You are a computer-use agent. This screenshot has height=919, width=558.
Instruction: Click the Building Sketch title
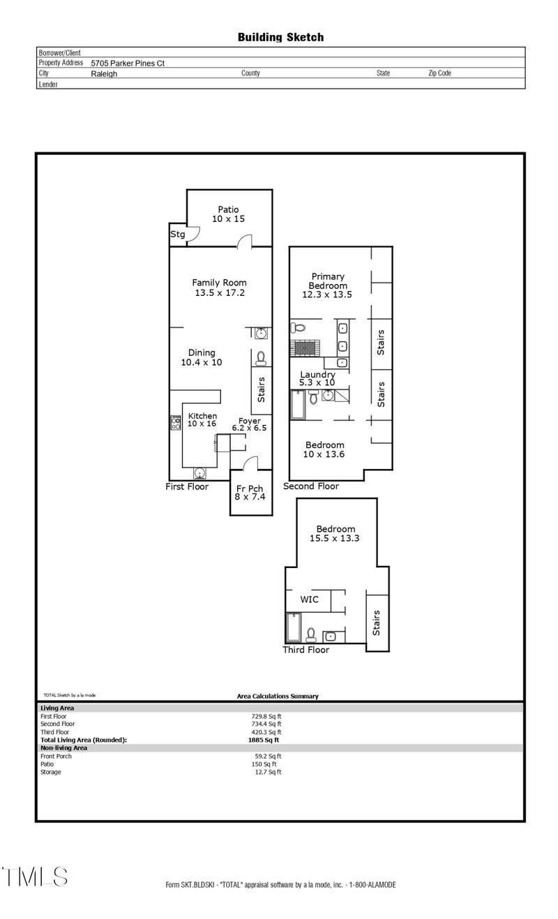280,37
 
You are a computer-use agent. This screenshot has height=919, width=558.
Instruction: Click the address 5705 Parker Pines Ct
128,63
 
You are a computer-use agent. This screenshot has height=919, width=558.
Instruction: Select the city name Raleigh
104,73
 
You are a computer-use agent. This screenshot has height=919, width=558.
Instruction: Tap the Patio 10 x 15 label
228,214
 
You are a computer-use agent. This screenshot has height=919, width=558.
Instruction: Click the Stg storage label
177,234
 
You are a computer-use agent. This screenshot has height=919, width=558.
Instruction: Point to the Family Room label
220,287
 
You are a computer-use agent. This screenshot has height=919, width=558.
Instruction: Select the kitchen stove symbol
176,421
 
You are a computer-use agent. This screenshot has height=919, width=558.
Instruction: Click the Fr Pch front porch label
250,493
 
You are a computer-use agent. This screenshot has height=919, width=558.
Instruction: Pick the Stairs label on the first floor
262,390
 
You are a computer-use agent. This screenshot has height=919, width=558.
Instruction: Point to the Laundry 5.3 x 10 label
317,379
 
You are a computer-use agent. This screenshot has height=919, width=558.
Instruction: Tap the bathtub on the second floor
298,405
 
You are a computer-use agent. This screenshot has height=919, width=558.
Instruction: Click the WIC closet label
310,599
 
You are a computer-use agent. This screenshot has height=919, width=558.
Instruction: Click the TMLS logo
35,877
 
